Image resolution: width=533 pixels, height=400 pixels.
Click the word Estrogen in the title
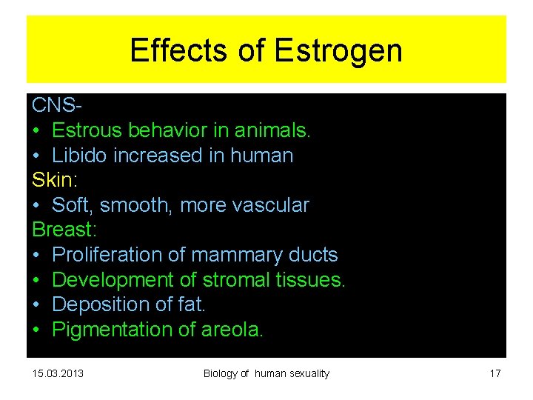pos(338,51)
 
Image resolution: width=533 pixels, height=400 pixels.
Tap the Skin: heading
pos(54,180)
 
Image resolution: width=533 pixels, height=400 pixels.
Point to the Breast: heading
pos(64,230)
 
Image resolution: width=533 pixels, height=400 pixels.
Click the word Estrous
pos(87,131)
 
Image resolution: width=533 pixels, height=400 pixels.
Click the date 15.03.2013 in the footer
pos(58,373)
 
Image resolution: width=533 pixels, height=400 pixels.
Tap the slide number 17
pos(495,373)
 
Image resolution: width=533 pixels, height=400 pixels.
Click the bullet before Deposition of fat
pos(37,304)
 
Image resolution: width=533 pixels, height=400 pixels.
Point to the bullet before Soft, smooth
pos(37,205)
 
